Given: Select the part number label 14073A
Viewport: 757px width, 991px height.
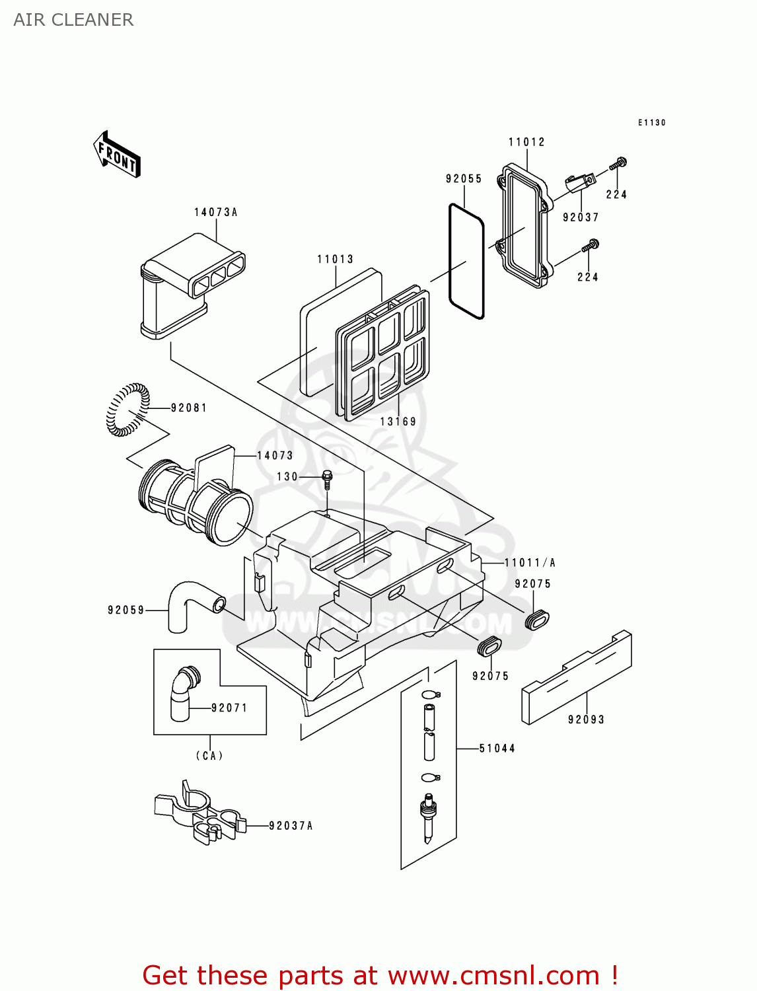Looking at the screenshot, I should coord(215,212).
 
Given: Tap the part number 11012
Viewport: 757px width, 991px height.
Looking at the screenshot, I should coord(526,142).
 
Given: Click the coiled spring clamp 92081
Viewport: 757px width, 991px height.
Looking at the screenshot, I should coord(127,410).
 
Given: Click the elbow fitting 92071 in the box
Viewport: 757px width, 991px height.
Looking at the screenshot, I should coord(182,694).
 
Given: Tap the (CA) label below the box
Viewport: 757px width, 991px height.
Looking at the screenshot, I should coord(209,755).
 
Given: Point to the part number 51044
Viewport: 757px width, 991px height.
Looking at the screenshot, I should coord(497,748).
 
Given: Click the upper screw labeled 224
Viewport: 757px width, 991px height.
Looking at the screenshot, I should coord(619,163).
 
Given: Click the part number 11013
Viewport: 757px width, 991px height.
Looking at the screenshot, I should coord(335,259).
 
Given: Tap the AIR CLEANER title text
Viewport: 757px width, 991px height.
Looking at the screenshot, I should coord(73,20).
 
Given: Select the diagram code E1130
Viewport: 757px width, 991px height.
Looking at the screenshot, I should coord(651,122).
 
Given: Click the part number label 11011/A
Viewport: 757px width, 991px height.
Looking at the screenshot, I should coord(530,563).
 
